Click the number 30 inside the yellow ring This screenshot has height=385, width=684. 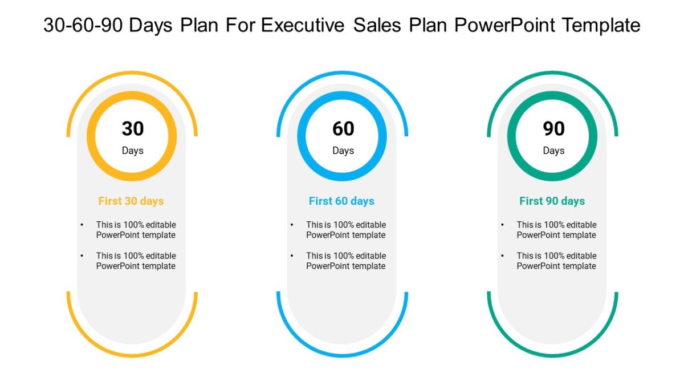click(x=133, y=129)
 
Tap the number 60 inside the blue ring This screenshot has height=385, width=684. click(x=343, y=129)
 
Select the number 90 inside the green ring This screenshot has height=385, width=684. click(x=553, y=129)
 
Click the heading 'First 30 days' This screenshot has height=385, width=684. click(x=131, y=201)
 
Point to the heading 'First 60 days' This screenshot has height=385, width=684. click(x=341, y=201)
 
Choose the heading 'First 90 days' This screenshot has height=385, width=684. click(x=552, y=201)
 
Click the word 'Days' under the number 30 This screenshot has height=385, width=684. click(x=133, y=151)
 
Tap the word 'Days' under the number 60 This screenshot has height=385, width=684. click(x=343, y=151)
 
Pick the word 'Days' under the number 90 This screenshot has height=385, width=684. click(x=553, y=151)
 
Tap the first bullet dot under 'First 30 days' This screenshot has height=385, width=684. click(x=83, y=225)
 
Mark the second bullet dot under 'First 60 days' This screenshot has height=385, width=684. click(x=292, y=256)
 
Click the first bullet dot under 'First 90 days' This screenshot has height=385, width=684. click(x=502, y=225)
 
